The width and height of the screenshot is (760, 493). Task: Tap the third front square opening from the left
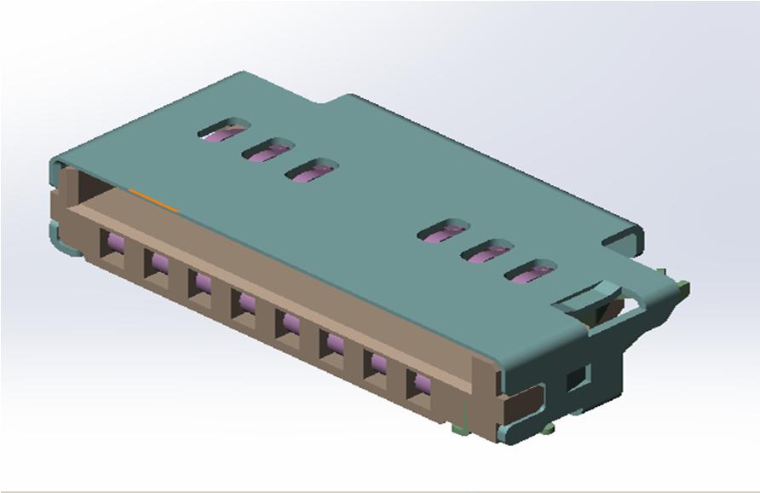200,283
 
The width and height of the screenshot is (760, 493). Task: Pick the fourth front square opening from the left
244,303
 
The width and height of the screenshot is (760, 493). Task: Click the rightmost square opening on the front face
418,384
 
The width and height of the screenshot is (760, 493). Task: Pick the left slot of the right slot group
444,231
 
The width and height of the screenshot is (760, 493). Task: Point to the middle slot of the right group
487,252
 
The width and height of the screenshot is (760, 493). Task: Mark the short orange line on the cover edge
153,199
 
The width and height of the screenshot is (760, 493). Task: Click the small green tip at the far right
684,281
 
